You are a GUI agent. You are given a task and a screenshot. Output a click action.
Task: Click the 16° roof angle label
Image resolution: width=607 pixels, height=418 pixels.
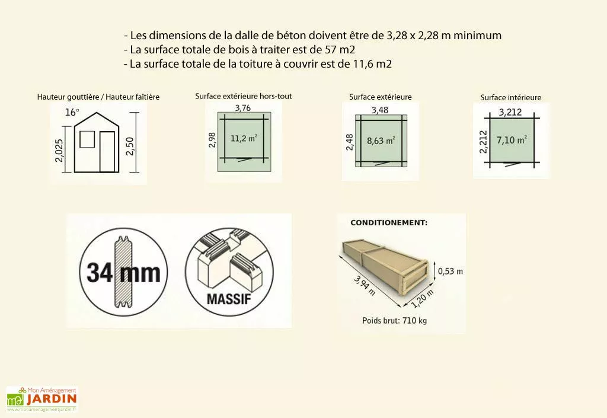72,112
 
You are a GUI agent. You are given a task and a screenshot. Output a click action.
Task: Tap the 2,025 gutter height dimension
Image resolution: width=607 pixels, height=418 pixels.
56,155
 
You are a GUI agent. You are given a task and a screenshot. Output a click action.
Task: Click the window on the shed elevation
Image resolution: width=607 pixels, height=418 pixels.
87,140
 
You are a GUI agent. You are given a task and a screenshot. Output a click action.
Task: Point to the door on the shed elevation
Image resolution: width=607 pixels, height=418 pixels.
107,152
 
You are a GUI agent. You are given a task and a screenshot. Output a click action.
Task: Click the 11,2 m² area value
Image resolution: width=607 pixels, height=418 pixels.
244,139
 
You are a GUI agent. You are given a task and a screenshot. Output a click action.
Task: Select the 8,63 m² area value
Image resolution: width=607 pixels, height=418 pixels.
381,141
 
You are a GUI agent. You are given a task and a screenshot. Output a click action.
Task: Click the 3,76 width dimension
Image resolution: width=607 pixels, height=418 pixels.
243,108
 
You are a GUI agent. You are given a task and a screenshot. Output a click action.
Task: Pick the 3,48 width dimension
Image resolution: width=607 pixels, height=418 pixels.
381,110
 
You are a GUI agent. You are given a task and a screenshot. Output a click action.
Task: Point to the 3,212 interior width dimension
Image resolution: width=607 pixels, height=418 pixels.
510,112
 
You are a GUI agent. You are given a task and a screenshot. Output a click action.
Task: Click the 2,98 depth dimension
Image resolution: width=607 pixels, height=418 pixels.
213,140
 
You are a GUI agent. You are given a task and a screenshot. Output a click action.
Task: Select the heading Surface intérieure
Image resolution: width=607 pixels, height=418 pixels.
510,97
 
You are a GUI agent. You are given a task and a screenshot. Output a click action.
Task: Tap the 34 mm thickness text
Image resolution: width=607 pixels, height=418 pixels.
123,273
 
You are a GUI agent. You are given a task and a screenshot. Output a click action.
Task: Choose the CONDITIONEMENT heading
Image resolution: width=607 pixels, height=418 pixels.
389,223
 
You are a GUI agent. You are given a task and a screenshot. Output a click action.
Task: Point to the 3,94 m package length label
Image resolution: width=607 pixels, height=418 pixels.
364,285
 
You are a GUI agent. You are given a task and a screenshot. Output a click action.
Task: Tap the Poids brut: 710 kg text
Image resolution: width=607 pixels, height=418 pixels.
394,321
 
